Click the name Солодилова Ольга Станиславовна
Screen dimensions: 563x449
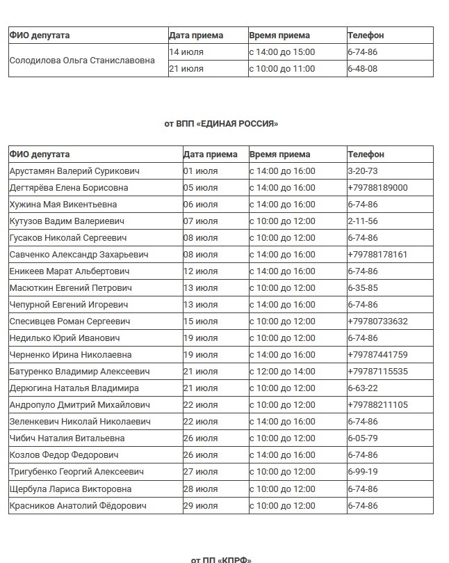[x=82, y=61]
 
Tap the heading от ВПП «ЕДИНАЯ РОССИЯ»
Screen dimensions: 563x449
[x=221, y=124]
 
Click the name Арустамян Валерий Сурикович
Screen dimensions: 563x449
[x=74, y=171]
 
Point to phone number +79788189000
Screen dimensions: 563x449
[x=377, y=188]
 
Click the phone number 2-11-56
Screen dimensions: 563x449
[x=362, y=221]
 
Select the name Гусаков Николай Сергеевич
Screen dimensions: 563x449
[x=68, y=238]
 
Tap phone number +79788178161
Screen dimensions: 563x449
[x=377, y=255]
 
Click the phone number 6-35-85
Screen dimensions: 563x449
[x=362, y=288]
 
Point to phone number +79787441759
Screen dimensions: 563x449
[x=377, y=355]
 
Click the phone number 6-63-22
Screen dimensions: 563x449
[x=362, y=388]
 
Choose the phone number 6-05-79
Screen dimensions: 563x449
[x=362, y=438]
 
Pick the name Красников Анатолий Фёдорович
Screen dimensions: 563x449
[x=78, y=505]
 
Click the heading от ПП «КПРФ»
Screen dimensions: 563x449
[x=221, y=559]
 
